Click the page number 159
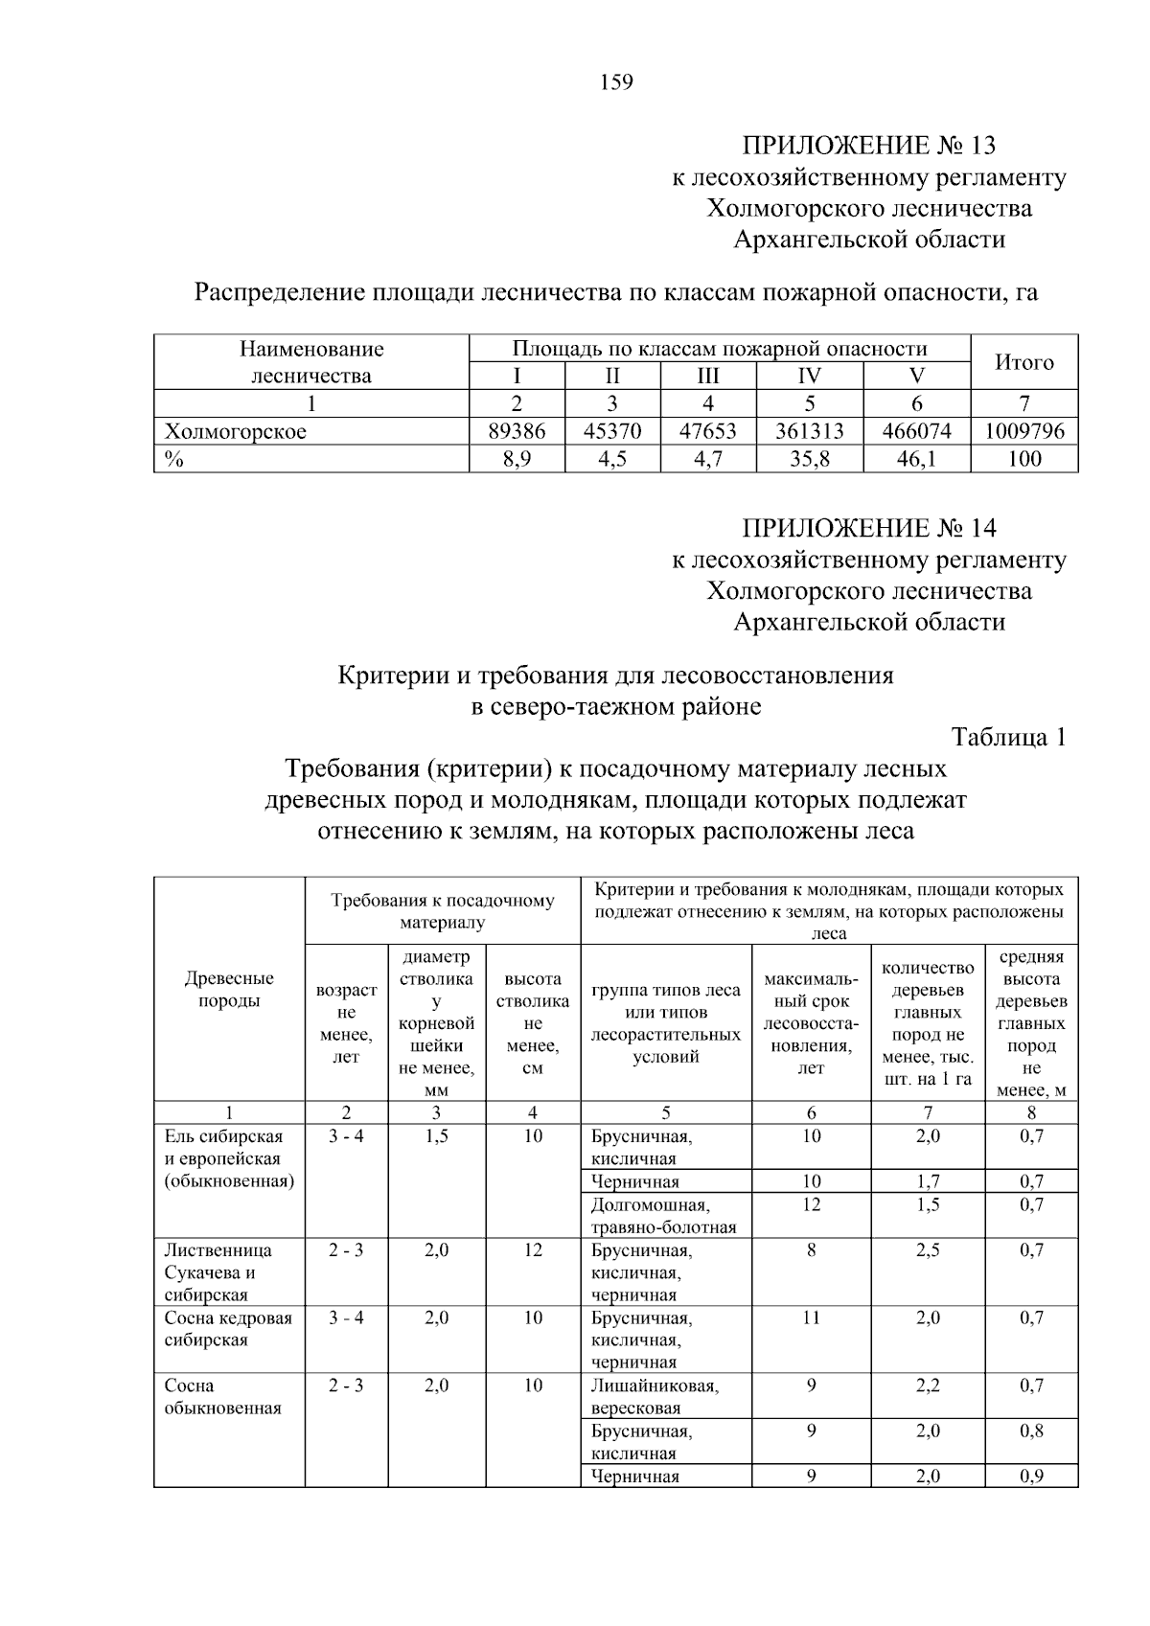pyautogui.click(x=616, y=82)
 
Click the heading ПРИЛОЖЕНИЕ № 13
pyautogui.click(x=868, y=146)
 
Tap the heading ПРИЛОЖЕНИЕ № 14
pyautogui.click(x=868, y=528)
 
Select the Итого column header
pyautogui.click(x=1023, y=362)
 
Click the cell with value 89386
pyautogui.click(x=517, y=431)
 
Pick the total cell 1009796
pyautogui.click(x=1023, y=431)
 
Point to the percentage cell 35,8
pyautogui.click(x=809, y=459)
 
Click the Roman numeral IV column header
pyautogui.click(x=809, y=376)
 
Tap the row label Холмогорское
pyautogui.click(x=236, y=431)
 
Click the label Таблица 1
pyautogui.click(x=1007, y=737)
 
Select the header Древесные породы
pyautogui.click(x=229, y=989)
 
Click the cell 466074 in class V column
pyautogui.click(x=916, y=431)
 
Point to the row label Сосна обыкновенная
pyautogui.click(x=222, y=1397)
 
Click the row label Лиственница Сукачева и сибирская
pyautogui.click(x=218, y=1272)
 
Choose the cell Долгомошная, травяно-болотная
pyautogui.click(x=663, y=1216)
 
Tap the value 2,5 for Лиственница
pyautogui.click(x=927, y=1250)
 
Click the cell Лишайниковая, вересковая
pyautogui.click(x=655, y=1397)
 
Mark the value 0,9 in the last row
pyautogui.click(x=1031, y=1477)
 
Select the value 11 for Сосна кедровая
pyautogui.click(x=811, y=1318)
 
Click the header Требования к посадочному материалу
pyautogui.click(x=442, y=911)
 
